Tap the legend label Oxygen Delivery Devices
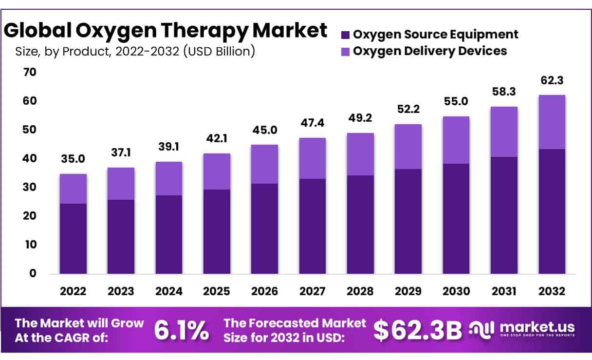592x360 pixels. tap(429, 51)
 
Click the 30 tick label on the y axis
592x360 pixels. tap(30, 187)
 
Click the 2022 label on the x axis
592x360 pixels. tap(73, 291)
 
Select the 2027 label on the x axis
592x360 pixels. tap(312, 291)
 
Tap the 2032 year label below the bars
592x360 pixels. tap(552, 291)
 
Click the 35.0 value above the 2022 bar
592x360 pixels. tap(73, 159)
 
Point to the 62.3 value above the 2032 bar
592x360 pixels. tap(552, 80)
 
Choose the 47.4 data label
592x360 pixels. tap(312, 123)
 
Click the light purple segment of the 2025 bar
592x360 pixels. tap(217, 171)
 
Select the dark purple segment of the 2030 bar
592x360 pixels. tap(456, 219)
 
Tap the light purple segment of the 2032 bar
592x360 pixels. tap(552, 122)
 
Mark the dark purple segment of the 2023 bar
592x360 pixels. tap(121, 237)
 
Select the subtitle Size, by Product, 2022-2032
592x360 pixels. tap(135, 51)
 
